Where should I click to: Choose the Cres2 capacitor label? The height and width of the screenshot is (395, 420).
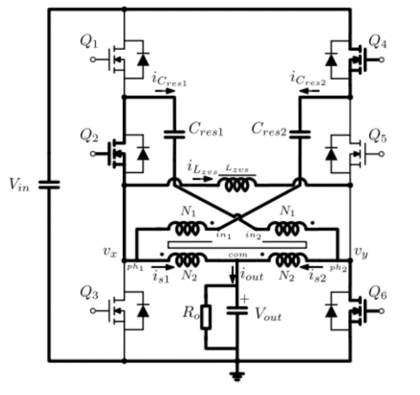coord(269,130)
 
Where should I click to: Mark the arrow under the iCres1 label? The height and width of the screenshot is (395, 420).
coord(166,92)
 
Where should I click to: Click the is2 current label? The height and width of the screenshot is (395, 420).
coord(319,277)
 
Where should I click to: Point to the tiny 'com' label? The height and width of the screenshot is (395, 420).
coord(236,252)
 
